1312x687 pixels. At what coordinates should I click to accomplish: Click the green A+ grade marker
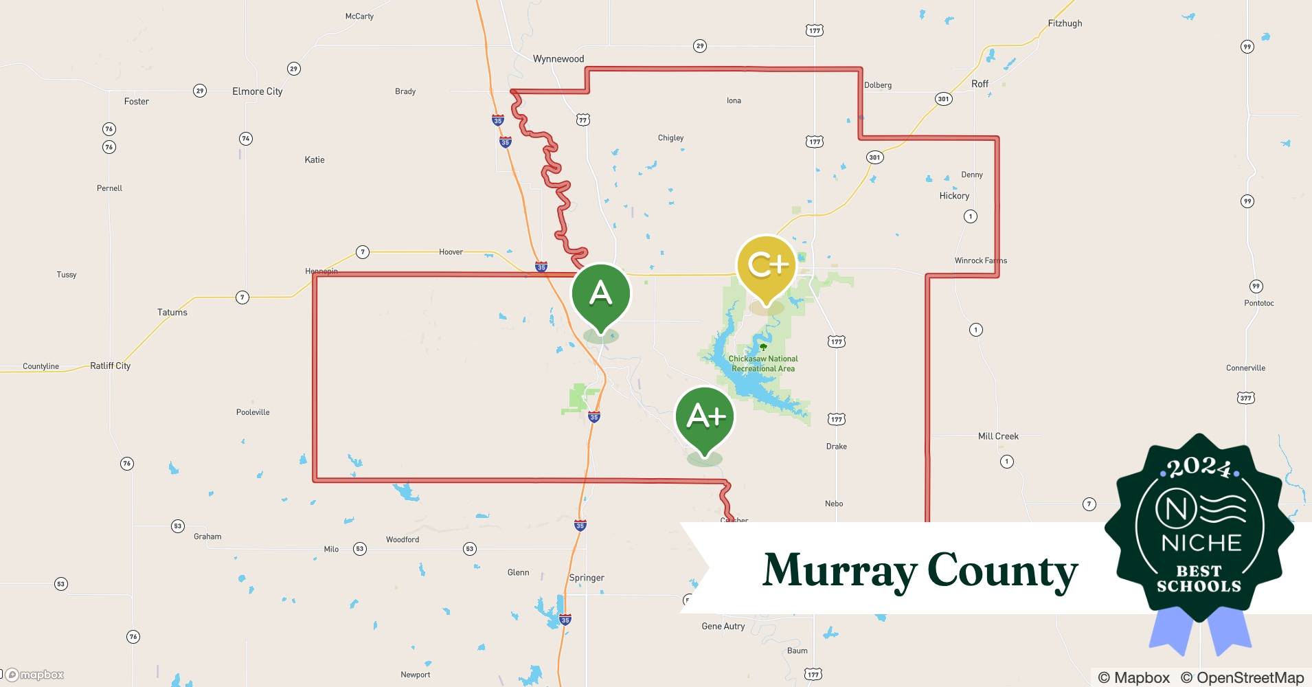(705, 417)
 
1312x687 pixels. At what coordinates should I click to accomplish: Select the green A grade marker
(600, 294)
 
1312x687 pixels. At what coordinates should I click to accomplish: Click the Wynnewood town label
(558, 59)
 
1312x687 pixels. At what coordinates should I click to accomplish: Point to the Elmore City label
(257, 91)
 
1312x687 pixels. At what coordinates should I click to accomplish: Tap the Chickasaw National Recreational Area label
(762, 363)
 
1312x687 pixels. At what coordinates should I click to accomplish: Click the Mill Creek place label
(998, 436)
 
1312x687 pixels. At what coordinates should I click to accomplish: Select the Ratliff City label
(110, 365)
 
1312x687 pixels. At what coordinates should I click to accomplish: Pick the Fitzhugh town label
(1065, 23)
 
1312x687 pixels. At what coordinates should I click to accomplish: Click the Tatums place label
(172, 312)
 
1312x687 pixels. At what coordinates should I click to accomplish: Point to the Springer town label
(587, 578)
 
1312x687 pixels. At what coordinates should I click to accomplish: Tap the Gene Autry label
(723, 626)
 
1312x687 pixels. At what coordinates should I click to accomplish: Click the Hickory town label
(954, 196)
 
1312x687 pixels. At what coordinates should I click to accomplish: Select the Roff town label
(980, 84)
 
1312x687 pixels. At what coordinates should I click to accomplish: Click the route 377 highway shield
(1246, 398)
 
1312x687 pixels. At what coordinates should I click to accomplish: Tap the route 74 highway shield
(245, 139)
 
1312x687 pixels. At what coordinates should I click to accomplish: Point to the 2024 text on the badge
(1199, 469)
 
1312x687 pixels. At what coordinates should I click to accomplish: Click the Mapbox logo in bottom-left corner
(34, 675)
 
